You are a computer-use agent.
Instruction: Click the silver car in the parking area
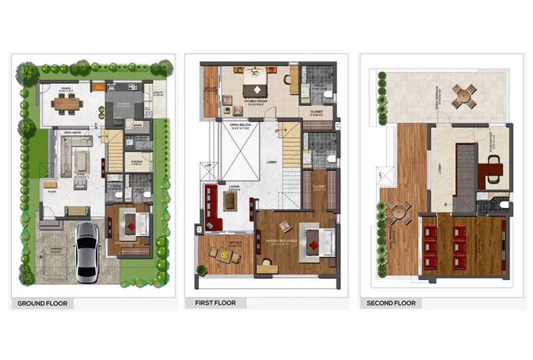[x=87, y=252]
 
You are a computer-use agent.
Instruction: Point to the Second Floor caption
[x=391, y=303]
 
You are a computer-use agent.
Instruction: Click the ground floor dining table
[x=66, y=103]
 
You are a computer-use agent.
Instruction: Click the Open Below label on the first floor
[x=239, y=125]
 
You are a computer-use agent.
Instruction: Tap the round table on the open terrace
[x=464, y=96]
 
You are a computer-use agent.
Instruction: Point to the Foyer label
[x=49, y=193]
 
